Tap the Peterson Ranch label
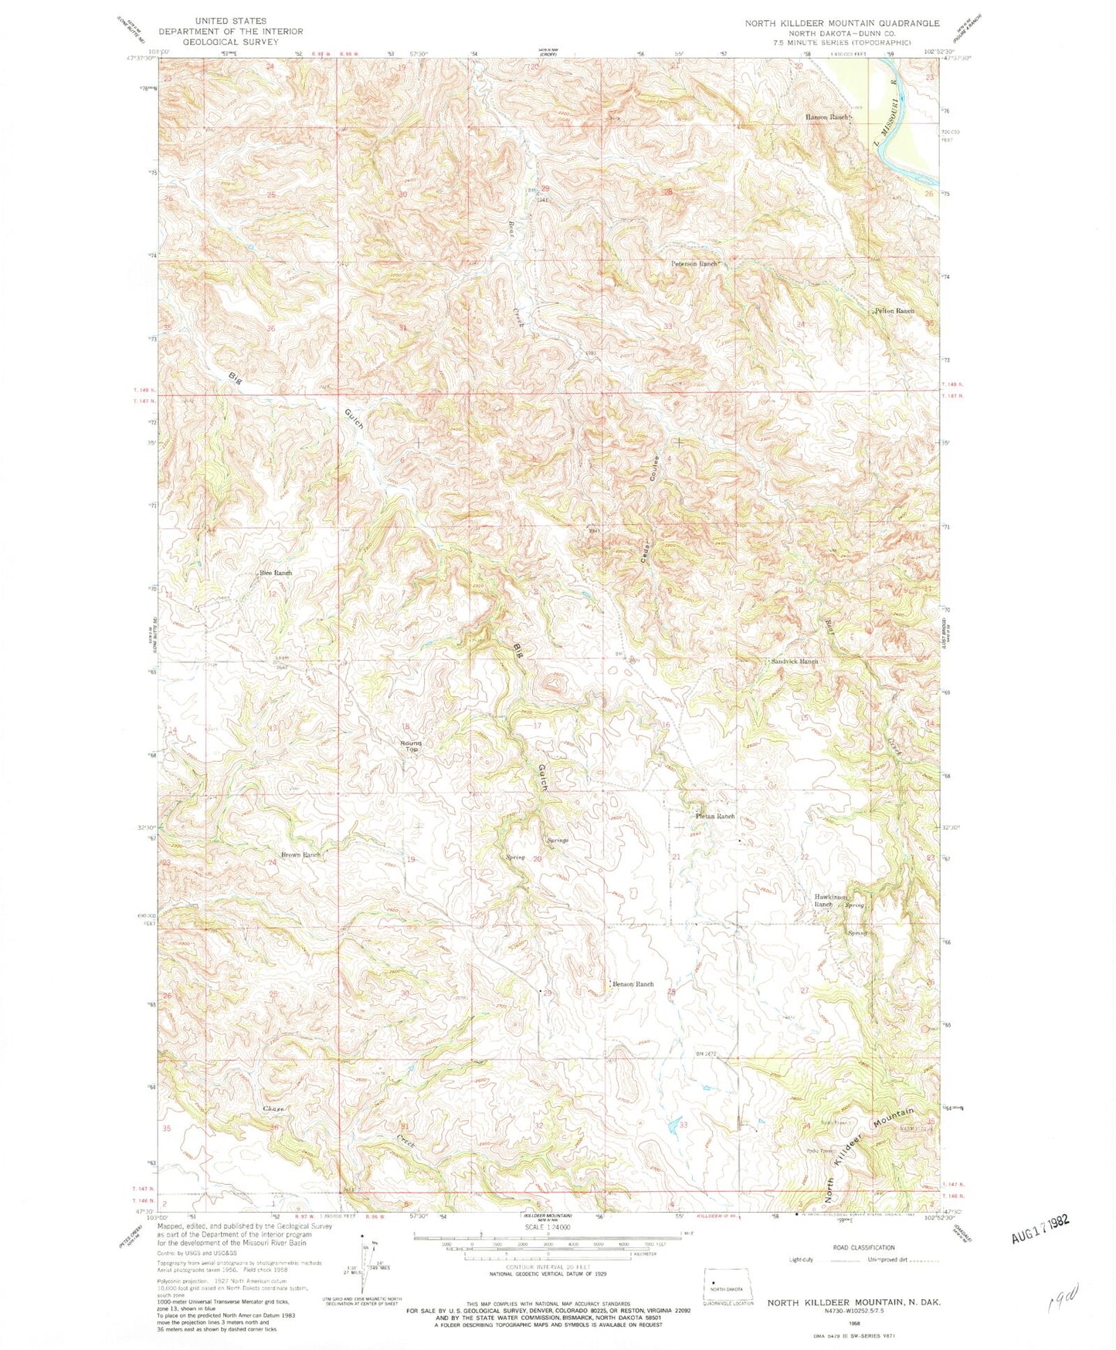tap(694, 263)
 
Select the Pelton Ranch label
tap(894, 310)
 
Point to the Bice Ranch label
tap(276, 573)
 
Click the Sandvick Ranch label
tap(794, 661)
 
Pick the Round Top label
tap(410, 746)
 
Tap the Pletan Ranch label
tap(714, 816)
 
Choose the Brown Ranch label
tap(300, 854)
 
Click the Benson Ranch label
tap(633, 983)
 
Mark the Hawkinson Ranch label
tap(831, 901)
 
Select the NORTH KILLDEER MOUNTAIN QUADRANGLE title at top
tap(842, 23)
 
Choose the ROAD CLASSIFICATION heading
tap(863, 1247)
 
